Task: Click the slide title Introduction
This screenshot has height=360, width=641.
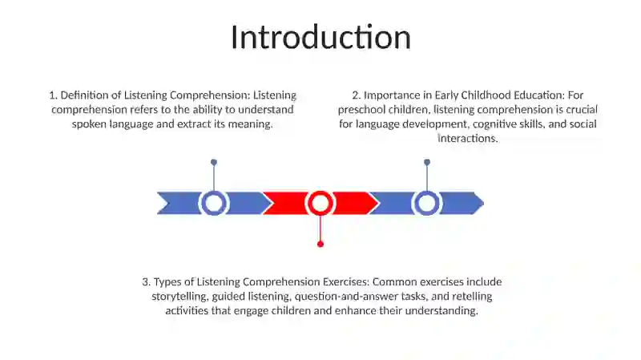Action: tap(321, 37)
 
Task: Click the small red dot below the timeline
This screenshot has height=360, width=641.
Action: tap(320, 245)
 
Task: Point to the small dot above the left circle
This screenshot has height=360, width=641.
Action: tap(214, 163)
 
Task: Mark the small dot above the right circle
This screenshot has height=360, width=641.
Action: tap(427, 163)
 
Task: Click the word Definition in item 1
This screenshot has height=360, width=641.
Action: tap(85, 95)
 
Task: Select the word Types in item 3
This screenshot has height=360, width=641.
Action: tap(167, 282)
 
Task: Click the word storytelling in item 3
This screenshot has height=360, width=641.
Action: tap(179, 297)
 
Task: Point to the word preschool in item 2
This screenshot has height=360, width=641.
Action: tap(361, 110)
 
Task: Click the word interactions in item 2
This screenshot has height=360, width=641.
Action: tap(468, 139)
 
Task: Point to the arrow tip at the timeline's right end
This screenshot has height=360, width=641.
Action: tap(484, 203)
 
